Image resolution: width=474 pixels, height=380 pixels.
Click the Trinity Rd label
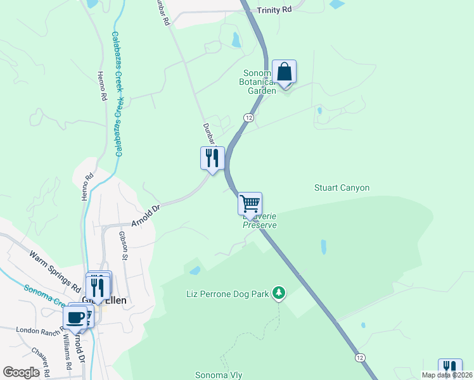(274, 10)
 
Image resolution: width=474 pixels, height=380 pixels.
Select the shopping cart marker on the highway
(250, 204)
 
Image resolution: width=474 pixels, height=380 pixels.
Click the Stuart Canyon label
(342, 188)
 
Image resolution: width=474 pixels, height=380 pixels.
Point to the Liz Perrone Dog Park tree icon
(278, 293)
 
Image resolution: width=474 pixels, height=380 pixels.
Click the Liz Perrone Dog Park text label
(227, 294)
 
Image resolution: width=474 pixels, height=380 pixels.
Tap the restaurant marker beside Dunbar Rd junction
(212, 158)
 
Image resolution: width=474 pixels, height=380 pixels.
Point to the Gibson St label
(123, 246)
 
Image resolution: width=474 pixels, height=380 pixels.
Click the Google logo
(22, 372)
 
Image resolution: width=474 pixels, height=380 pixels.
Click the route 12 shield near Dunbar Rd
(248, 118)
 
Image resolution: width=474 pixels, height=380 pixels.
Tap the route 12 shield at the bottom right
(360, 358)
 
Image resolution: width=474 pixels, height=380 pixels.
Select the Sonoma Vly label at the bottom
(219, 375)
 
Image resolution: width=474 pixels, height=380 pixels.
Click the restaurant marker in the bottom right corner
(450, 369)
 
